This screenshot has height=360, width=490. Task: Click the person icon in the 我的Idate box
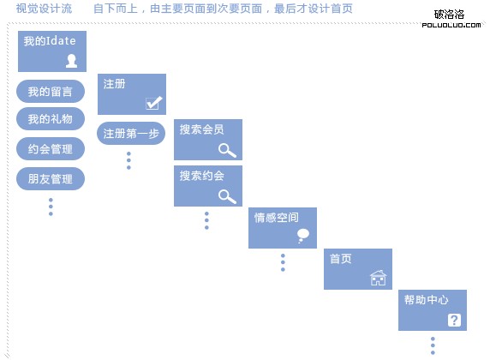coord(72,61)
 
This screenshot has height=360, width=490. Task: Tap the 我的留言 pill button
coord(51,92)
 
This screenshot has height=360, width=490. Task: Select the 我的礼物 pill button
coord(51,119)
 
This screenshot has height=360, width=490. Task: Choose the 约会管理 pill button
coord(51,149)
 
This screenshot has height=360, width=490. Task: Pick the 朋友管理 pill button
coord(51,179)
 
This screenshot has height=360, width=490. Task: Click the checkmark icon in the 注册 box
coord(153,103)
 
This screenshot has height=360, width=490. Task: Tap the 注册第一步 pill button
coord(131,134)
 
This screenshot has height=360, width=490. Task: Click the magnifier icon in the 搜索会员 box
coord(227,150)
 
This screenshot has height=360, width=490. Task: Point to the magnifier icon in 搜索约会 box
coord(227,196)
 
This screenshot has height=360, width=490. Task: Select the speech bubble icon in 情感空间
coord(302,236)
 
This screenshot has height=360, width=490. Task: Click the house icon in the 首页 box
coord(378,278)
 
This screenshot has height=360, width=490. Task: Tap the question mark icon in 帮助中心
coord(454,320)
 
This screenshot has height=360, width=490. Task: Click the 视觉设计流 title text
coord(44,9)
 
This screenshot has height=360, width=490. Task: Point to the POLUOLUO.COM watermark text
coord(451,25)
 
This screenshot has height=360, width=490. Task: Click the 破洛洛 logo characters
coord(449,15)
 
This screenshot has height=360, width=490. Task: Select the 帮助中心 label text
coord(427,300)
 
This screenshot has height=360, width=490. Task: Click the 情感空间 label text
coord(276,218)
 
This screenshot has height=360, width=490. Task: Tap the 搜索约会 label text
coord(202,176)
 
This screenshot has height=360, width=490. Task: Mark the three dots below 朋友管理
coord(51,207)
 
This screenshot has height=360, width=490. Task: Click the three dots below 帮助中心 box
coord(433,345)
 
